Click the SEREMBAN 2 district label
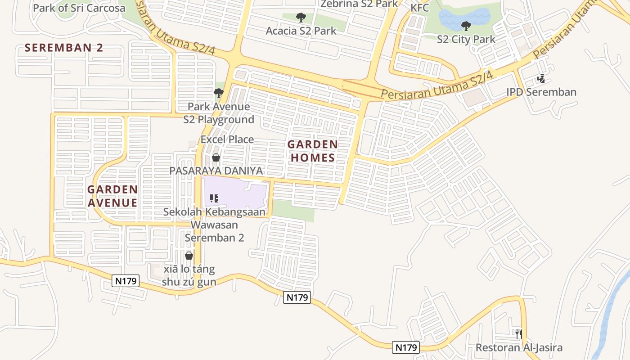coord(64,48)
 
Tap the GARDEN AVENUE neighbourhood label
coord(112,196)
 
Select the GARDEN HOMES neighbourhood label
coord(312,151)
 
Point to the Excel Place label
coord(227,139)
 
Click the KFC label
coord(419,8)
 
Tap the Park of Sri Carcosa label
coord(79,8)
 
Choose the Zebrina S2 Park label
coord(359,4)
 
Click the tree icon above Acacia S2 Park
coord(301,18)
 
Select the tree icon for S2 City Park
coord(466,26)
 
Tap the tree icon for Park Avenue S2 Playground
coord(219,93)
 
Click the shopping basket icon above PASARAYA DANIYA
coord(216,157)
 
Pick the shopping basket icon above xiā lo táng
coord(189,256)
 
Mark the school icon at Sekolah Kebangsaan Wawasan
coord(214,198)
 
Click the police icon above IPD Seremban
coord(541,79)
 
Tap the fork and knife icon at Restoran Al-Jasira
coord(519,334)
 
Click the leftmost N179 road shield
coord(126,281)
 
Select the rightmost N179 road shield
coord(406,347)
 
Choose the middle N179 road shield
coord(297,297)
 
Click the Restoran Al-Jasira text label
coord(519,348)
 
